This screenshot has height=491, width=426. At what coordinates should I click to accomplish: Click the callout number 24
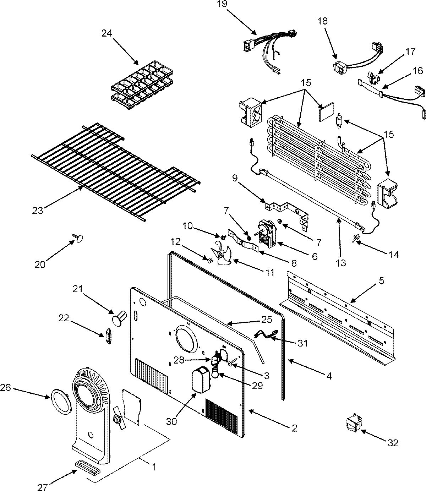point(106,33)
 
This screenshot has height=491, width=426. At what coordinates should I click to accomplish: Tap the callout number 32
point(393,443)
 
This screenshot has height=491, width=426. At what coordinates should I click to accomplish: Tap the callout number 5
point(381,280)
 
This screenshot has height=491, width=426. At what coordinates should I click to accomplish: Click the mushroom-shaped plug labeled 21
point(119,317)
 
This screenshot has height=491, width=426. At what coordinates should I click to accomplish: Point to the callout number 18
point(322,21)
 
